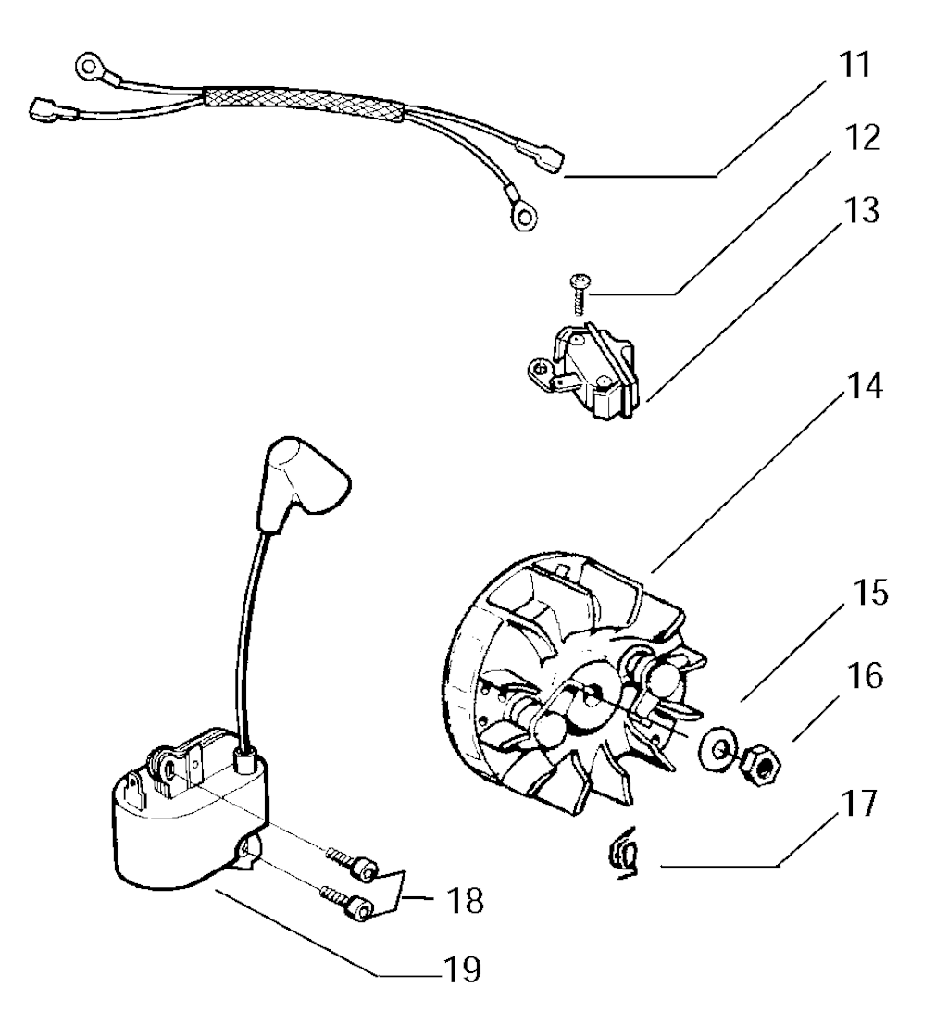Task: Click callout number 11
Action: click(x=855, y=66)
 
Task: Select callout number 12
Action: click(x=862, y=138)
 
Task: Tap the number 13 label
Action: click(x=861, y=210)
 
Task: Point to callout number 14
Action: click(x=865, y=386)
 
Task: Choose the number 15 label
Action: click(x=869, y=593)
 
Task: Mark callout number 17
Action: click(x=859, y=804)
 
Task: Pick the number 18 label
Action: click(x=465, y=901)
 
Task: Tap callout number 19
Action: click(x=462, y=969)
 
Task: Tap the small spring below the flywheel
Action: click(x=624, y=853)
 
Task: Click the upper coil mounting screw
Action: click(x=352, y=864)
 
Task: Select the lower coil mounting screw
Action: click(x=347, y=902)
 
